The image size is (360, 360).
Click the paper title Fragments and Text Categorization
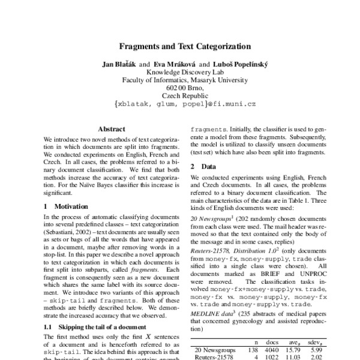180,46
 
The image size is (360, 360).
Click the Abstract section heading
112,129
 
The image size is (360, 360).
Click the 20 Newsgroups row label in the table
214,348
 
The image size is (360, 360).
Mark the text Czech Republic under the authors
180,95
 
